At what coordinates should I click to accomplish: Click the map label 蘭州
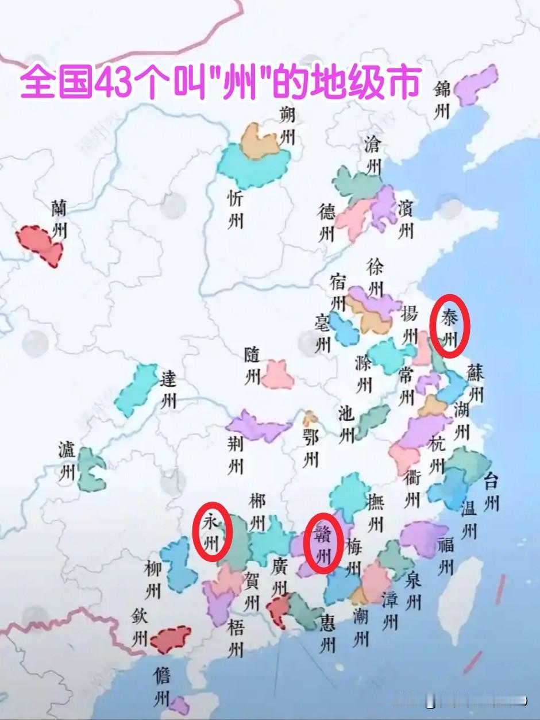click(x=59, y=219)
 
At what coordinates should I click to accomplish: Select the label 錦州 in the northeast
click(x=442, y=100)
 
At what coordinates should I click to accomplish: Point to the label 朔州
click(x=288, y=126)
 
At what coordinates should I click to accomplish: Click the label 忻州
click(x=236, y=209)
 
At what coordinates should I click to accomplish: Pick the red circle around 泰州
click(x=450, y=325)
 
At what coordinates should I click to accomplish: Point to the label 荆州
click(x=236, y=453)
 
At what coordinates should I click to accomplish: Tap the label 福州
click(x=446, y=556)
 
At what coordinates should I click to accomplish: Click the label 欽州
click(x=140, y=627)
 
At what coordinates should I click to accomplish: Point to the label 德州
click(x=327, y=222)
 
